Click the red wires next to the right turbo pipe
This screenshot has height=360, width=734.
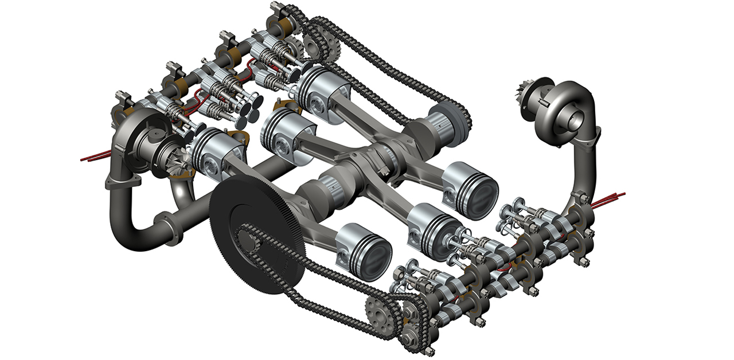pos(608,199)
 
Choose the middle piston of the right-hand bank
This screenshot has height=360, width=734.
pos(435,224)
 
